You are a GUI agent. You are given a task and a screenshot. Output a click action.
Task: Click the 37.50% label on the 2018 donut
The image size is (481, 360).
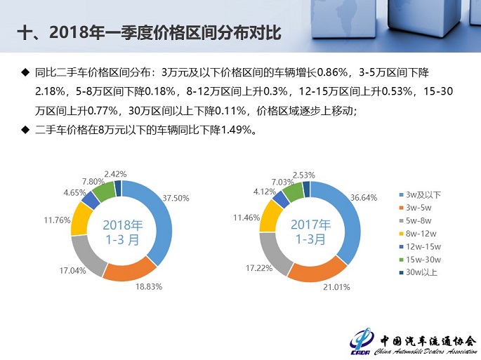176,198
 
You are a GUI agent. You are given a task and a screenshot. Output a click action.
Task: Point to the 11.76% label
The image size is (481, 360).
57,220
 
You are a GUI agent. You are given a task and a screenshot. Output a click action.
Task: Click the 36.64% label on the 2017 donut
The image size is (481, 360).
364,198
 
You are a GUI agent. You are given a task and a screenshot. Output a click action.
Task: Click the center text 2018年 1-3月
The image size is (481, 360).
122,232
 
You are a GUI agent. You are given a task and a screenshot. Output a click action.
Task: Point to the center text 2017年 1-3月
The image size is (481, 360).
310,232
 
